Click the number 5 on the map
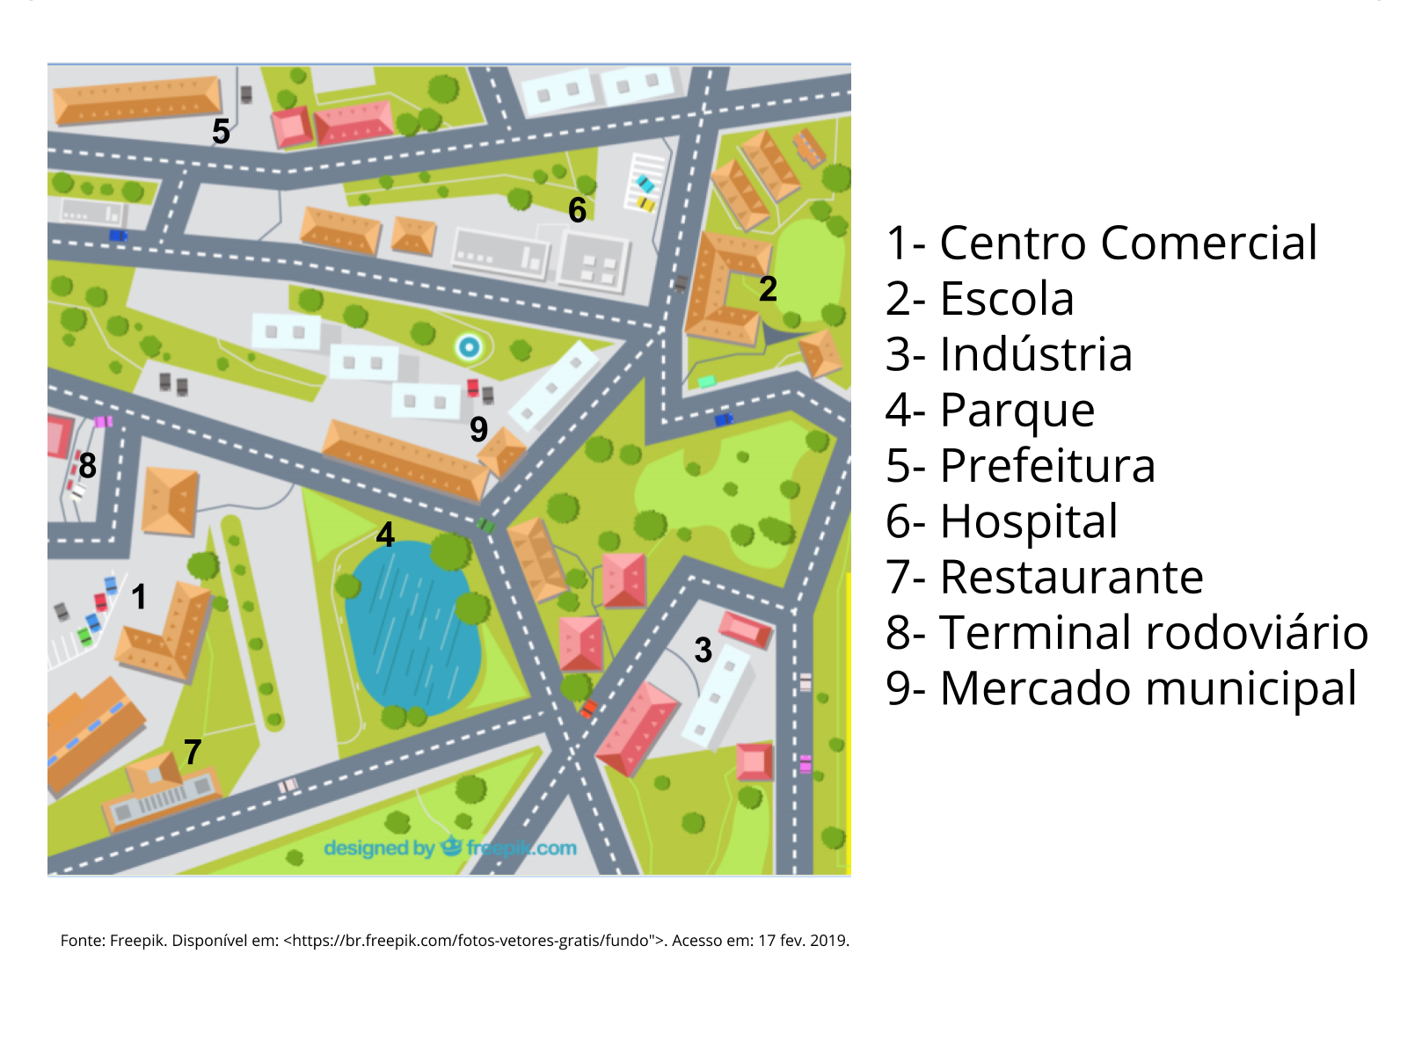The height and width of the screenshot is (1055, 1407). (x=221, y=132)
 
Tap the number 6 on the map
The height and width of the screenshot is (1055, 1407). (x=577, y=210)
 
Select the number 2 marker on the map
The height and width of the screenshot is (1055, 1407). (x=768, y=289)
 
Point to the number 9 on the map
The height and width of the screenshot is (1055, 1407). (x=478, y=429)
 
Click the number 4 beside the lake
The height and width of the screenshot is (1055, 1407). (x=385, y=535)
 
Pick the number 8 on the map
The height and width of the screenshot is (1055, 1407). (x=87, y=465)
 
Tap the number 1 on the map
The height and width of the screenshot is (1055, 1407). (x=139, y=597)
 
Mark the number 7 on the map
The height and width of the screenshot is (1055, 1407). (x=193, y=752)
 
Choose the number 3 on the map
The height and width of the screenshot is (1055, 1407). (x=703, y=651)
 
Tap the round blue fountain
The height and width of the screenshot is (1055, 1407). (x=470, y=347)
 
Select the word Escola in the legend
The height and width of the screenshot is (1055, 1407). (x=1007, y=299)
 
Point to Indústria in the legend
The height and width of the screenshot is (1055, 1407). (x=1035, y=354)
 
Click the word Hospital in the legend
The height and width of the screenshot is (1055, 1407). (x=1028, y=522)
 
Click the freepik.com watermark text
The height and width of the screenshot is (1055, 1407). (x=521, y=848)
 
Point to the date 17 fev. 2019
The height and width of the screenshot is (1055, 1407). (x=803, y=941)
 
